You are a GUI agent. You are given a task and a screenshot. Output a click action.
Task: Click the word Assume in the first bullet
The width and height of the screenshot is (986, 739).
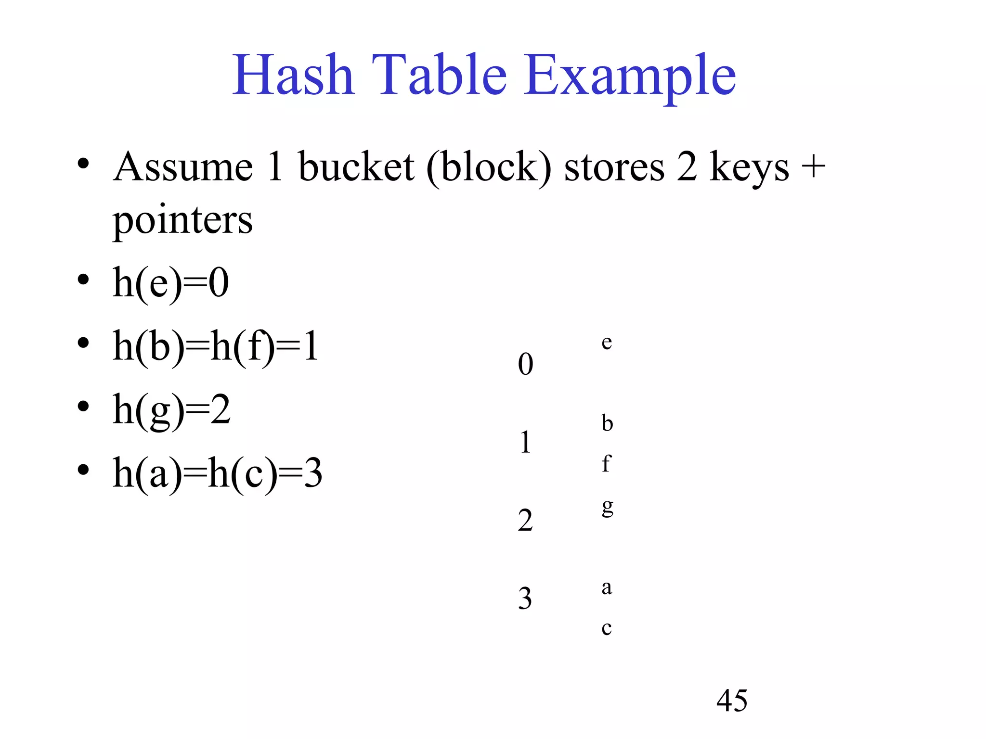[183, 167]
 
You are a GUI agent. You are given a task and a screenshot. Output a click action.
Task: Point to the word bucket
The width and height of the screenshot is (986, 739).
[356, 167]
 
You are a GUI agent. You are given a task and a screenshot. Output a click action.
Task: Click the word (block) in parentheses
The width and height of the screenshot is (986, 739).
[489, 168]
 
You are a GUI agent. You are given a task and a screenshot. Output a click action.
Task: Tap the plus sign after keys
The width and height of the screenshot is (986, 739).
[813, 167]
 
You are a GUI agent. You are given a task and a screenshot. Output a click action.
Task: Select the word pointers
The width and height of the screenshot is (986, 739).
[182, 221]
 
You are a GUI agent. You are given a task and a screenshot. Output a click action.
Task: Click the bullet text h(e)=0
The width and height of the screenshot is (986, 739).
[170, 284]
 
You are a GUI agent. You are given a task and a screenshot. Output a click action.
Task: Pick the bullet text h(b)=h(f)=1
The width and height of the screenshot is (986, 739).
[215, 346]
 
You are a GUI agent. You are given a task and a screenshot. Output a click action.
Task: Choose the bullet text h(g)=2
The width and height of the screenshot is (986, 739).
[171, 410]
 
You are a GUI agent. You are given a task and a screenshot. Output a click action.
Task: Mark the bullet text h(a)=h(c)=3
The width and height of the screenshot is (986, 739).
[217, 474]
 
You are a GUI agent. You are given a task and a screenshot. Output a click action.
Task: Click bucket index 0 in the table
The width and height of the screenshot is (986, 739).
[525, 364]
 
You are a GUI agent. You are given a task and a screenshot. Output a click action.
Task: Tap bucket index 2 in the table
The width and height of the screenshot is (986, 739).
[525, 520]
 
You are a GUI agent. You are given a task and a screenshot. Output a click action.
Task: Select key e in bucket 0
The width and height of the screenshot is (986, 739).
[607, 342]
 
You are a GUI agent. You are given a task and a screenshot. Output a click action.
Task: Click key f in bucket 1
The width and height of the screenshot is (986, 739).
[606, 463]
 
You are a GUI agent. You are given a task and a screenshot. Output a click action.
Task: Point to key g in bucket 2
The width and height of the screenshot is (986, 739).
[608, 507]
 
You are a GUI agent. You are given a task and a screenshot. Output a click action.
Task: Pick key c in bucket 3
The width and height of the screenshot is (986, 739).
[607, 628]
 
